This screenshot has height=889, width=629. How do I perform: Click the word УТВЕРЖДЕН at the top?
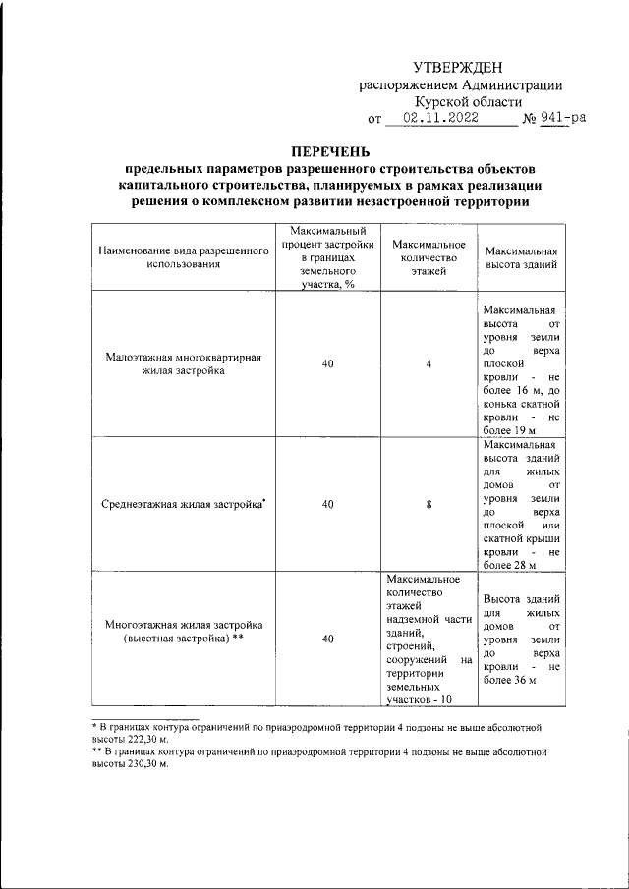coord(458,67)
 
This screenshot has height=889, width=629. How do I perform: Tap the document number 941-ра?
coord(563,119)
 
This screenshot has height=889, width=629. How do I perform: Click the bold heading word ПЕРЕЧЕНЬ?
coord(330,152)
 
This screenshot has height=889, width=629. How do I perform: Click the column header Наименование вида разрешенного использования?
coord(184,257)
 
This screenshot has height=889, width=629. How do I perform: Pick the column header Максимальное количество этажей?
coord(428,257)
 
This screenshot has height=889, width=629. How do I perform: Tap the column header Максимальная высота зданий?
coord(522,257)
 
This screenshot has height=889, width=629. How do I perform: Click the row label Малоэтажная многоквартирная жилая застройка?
coord(184,365)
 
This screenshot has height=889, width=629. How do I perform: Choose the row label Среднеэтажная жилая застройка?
coord(184,504)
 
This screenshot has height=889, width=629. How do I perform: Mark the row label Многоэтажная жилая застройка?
coord(184,631)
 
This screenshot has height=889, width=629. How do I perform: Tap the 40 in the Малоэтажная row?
coord(327,365)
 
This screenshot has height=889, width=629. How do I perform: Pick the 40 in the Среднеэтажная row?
coord(327,504)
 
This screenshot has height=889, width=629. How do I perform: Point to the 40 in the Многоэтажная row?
coord(327,639)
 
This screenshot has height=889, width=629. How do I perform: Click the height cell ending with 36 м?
coord(522,639)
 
